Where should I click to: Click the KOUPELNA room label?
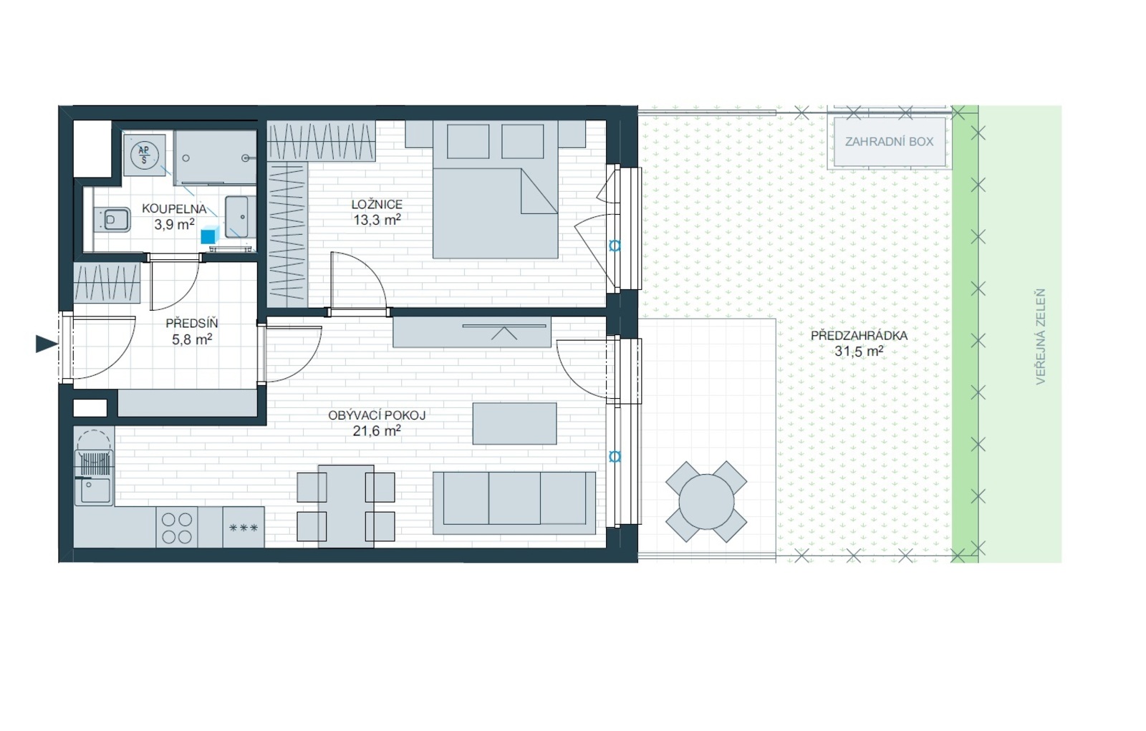(x=174, y=209)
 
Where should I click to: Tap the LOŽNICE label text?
(x=377, y=205)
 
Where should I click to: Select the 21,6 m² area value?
(x=377, y=431)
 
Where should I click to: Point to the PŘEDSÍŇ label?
(x=192, y=324)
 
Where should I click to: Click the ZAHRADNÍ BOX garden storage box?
(x=890, y=142)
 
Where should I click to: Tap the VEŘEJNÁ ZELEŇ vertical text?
(x=1040, y=337)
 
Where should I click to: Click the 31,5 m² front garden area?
(x=860, y=351)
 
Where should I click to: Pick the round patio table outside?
(x=706, y=502)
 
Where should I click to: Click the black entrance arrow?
(x=46, y=344)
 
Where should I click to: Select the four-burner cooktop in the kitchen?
(x=177, y=528)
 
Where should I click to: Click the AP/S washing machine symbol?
(x=144, y=155)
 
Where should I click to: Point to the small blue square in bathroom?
(x=208, y=236)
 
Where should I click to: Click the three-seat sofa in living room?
(x=514, y=503)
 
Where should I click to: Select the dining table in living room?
(x=346, y=506)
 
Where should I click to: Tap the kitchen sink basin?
(x=94, y=492)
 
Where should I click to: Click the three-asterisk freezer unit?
(x=244, y=528)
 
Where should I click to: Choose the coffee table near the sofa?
(x=515, y=424)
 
